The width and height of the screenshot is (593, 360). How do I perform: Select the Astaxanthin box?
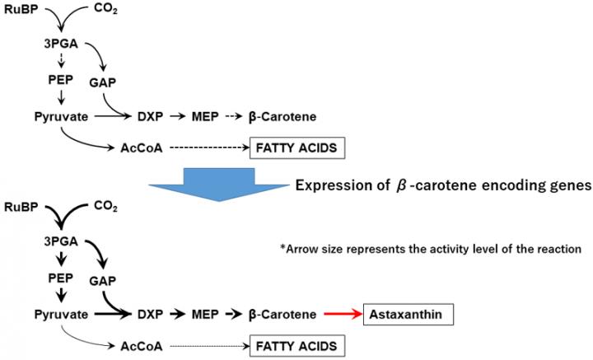[407, 315]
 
